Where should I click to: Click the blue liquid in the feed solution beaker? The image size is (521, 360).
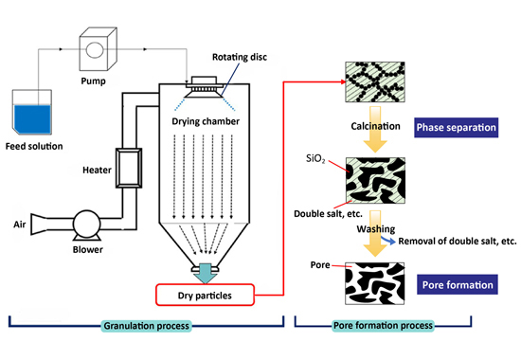click(32, 119)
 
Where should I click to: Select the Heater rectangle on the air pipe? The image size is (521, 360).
click(129, 168)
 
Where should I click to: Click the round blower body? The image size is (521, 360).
click(87, 224)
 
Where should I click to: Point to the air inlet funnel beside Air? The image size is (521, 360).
click(39, 224)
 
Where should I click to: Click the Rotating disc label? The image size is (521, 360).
click(240, 57)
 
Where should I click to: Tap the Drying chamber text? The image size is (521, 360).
click(206, 121)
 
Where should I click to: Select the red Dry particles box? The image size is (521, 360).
click(205, 295)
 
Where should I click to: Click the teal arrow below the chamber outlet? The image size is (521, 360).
click(206, 273)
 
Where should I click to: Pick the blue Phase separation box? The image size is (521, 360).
click(457, 127)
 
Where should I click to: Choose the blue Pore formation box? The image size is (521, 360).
click(458, 284)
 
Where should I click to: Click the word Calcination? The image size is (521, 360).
click(375, 126)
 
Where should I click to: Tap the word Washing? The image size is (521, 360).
click(376, 229)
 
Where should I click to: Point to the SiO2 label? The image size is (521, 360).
click(315, 158)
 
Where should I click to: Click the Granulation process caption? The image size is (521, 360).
click(147, 326)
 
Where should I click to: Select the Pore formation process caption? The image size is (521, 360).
click(383, 325)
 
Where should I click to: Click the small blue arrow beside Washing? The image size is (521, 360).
click(387, 240)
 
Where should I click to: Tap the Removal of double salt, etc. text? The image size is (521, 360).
click(458, 241)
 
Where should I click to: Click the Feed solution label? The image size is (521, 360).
click(34, 146)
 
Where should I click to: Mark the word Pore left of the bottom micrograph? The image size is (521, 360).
click(320, 265)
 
